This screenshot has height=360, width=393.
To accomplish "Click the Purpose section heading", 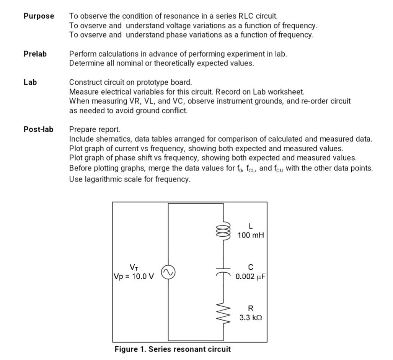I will click(39, 16).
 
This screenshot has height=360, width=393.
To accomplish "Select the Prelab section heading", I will click(35, 54).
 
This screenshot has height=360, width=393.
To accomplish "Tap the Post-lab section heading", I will click(38, 129).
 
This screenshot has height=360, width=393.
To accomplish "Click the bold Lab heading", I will click(30, 82).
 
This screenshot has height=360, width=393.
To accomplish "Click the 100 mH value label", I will click(251, 235).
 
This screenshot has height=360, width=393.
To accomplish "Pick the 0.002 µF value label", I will click(251, 277).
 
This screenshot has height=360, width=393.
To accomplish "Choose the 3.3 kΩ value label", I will click(251, 318).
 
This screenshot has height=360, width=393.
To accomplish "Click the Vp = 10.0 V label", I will click(134, 277).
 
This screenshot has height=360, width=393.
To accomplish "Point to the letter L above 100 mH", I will click(251, 226).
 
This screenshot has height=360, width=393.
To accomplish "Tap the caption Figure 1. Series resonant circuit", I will click(173, 349).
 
